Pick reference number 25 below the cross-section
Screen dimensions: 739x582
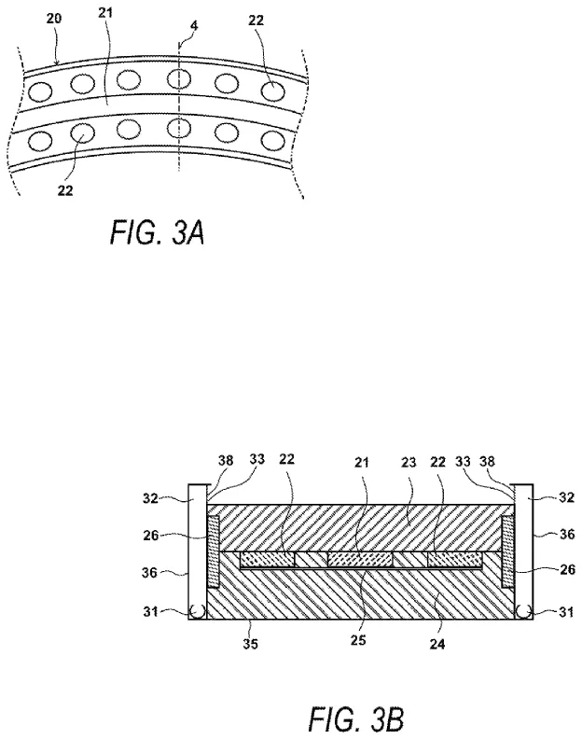point(360,644)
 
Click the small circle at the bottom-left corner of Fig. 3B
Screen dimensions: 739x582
point(198,612)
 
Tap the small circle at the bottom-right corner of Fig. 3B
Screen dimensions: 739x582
point(522,612)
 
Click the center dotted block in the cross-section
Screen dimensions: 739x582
point(360,558)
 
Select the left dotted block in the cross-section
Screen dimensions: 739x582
point(268,558)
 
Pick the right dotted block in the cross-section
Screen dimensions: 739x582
point(452,558)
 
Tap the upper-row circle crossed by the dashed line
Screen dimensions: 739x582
point(179,78)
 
